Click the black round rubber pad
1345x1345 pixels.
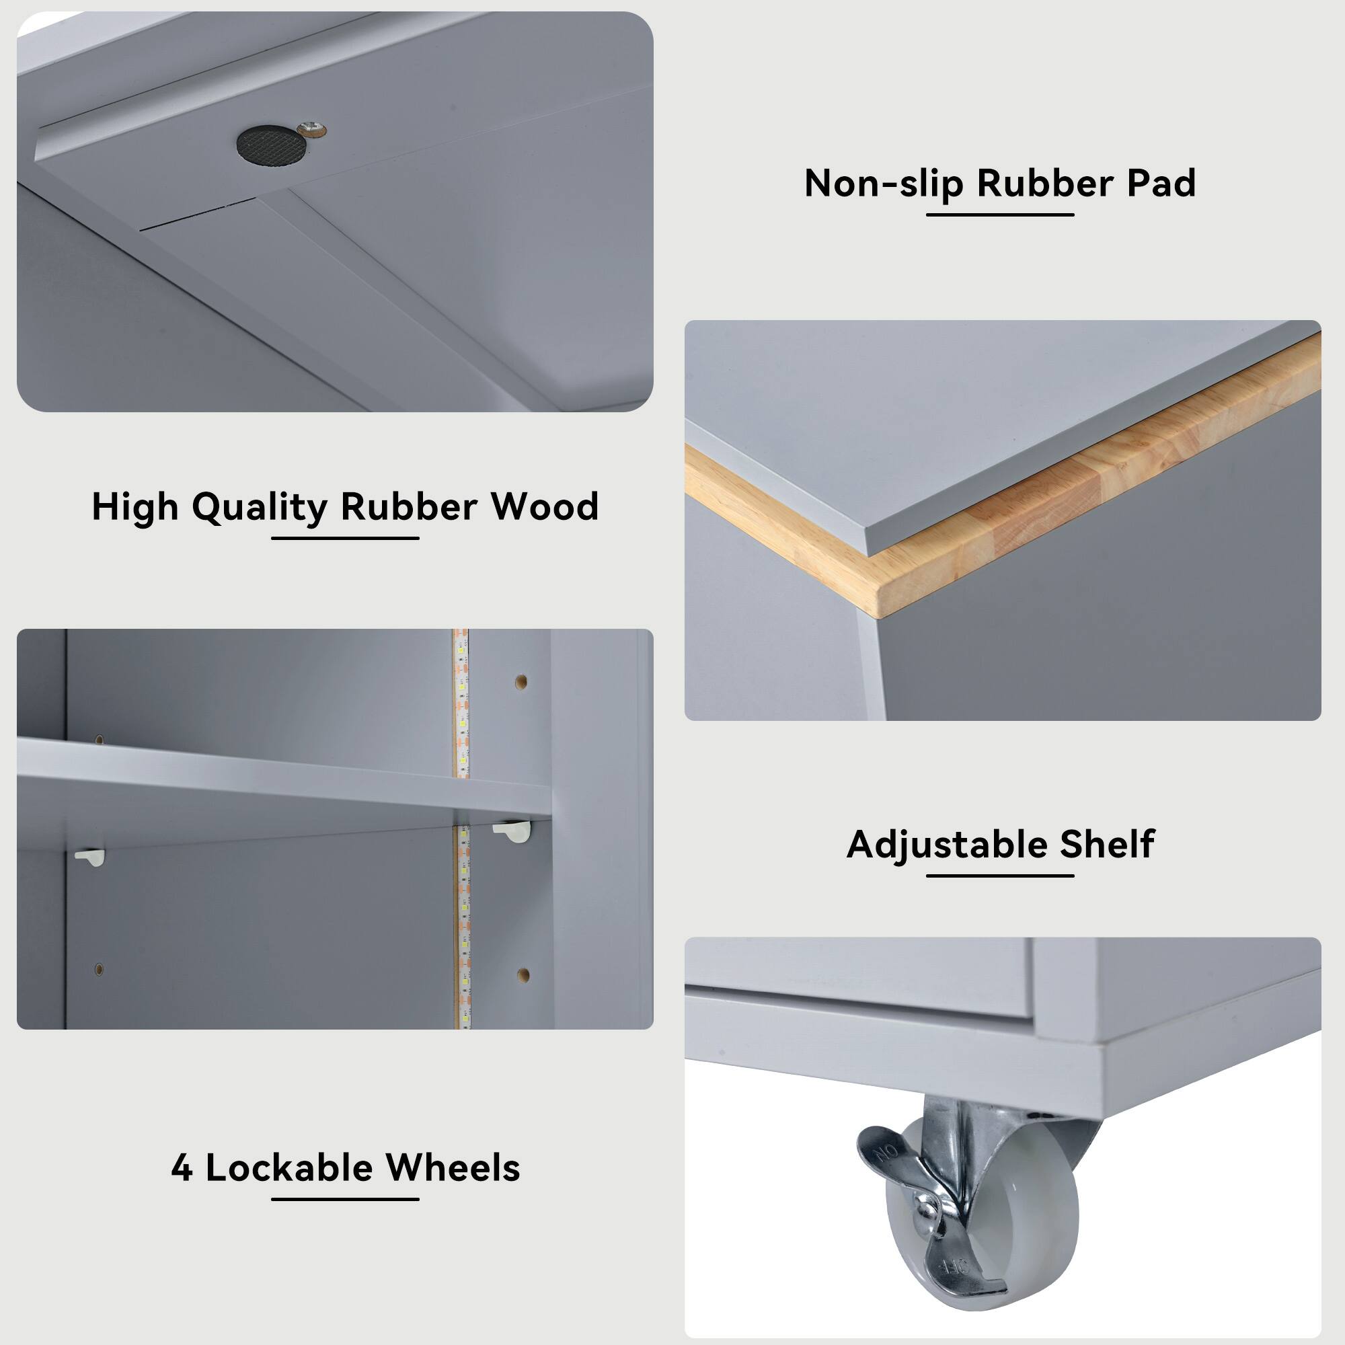coord(271,145)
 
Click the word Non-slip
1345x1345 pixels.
coord(884,184)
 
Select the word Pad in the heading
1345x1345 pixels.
coord(1161,184)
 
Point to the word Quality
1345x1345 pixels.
coord(260,508)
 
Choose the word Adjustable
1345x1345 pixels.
coord(947,845)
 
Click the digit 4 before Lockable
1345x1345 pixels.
coord(182,1168)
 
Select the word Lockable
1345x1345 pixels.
coord(289,1167)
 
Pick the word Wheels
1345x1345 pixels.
coord(453,1167)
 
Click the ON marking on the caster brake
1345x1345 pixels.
coord(886,1155)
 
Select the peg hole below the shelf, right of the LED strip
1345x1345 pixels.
coord(523,974)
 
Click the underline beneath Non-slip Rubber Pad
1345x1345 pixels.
coord(1000,215)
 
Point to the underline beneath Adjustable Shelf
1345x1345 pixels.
coord(1000,875)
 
